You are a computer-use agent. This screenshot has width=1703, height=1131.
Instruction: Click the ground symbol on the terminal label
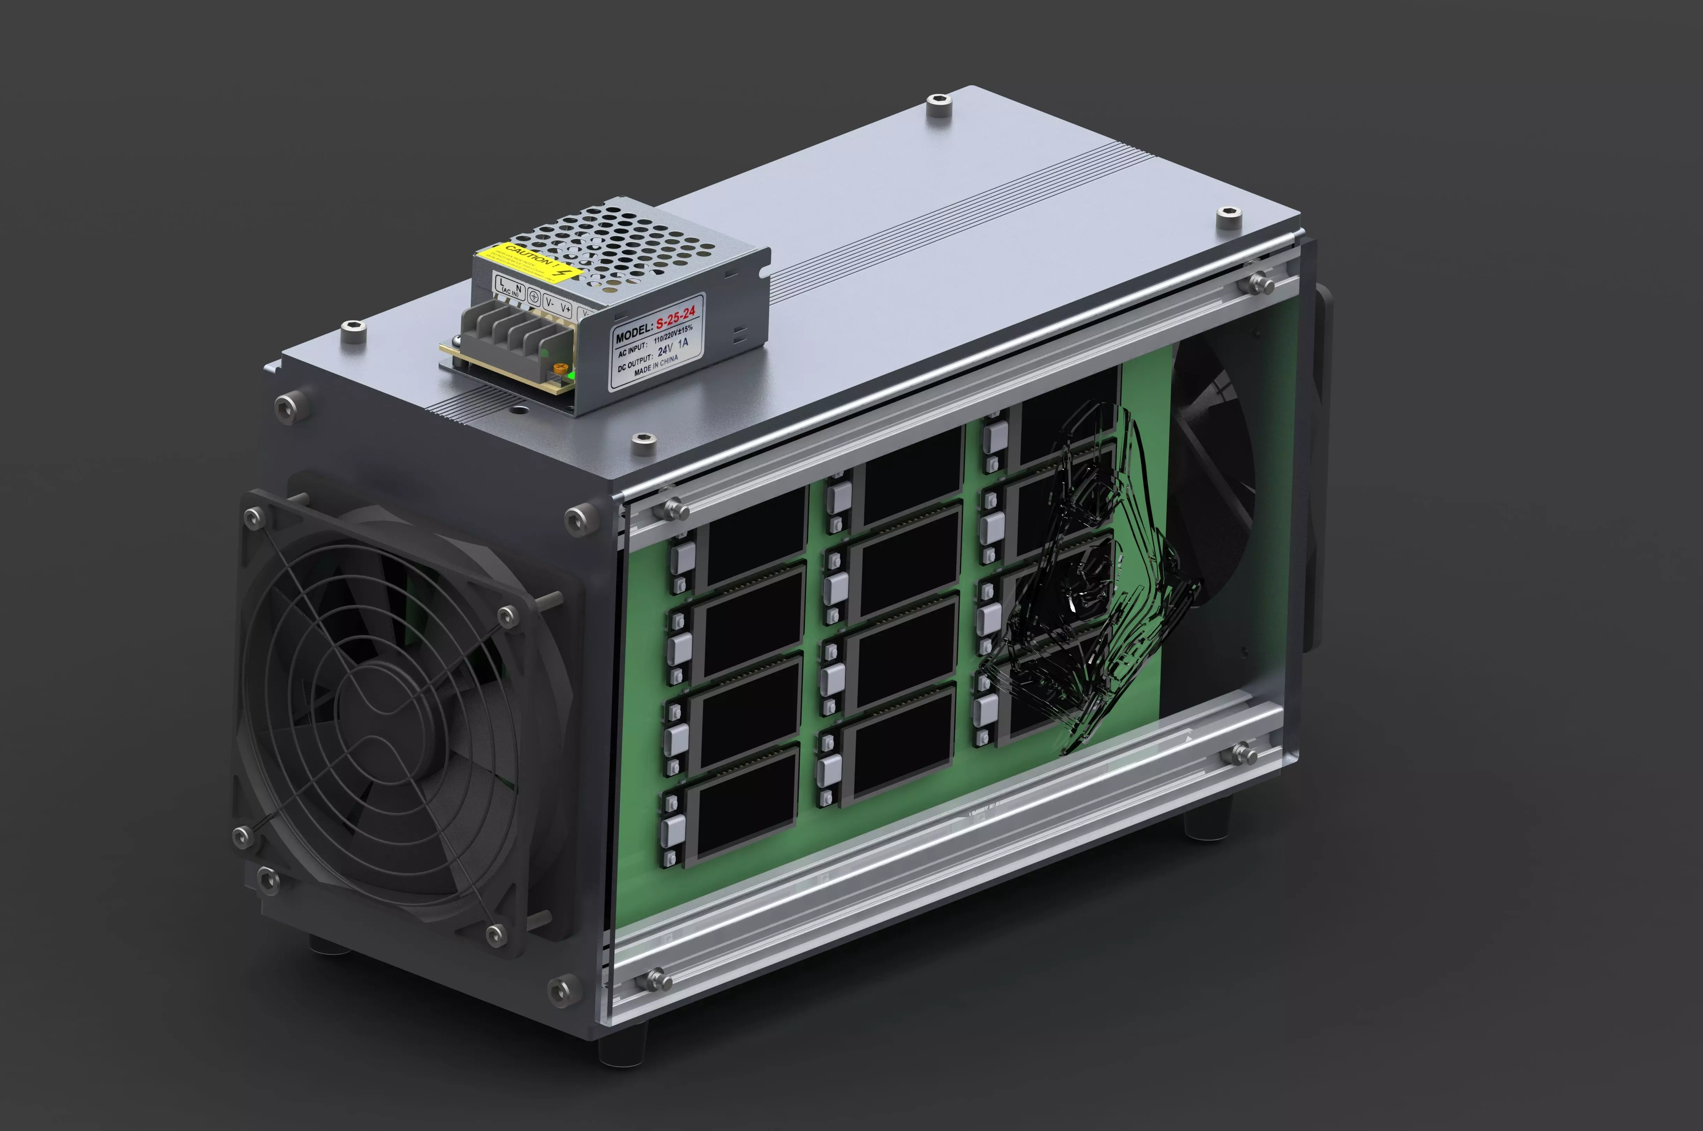[x=534, y=296]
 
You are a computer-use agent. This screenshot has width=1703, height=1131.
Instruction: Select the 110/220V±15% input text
[x=672, y=333]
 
